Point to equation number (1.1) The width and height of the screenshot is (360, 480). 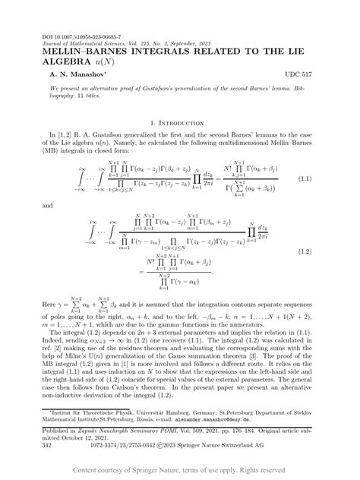tap(305, 178)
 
